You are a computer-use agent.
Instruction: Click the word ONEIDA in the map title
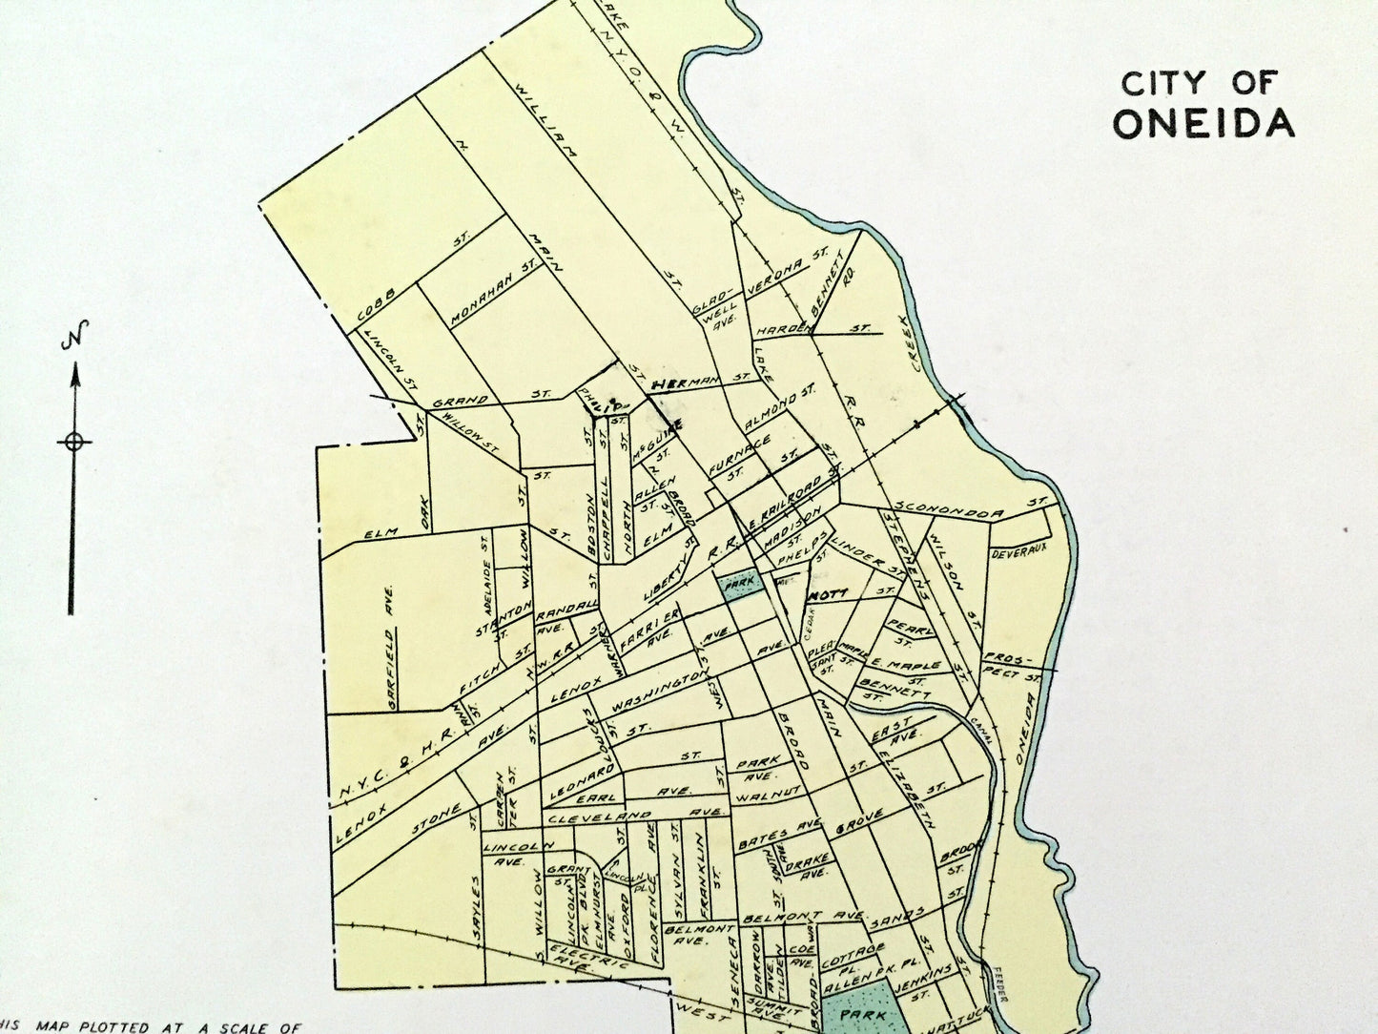pyautogui.click(x=1203, y=123)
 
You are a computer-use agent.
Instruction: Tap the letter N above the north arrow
pyautogui.click(x=73, y=338)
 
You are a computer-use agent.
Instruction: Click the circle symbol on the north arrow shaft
pyautogui.click(x=73, y=441)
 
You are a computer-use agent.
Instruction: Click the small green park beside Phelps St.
pyautogui.click(x=737, y=583)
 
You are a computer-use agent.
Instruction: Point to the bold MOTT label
pyautogui.click(x=828, y=594)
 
